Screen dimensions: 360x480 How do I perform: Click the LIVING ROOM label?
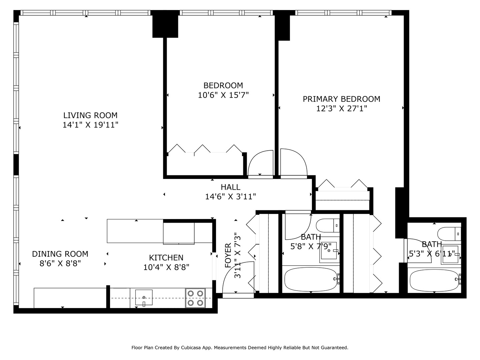(90, 115)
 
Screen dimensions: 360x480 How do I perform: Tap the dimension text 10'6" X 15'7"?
(223, 95)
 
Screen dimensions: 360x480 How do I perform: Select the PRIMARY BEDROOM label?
(341, 99)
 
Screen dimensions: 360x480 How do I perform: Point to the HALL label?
(230, 187)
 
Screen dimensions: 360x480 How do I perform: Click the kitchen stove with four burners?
(195, 298)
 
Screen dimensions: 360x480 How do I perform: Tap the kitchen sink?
(144, 297)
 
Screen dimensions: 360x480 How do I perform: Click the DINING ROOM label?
(60, 254)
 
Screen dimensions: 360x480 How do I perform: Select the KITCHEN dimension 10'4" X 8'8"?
(166, 267)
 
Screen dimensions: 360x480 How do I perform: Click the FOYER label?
(228, 255)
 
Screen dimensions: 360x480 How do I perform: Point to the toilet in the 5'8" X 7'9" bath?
(327, 225)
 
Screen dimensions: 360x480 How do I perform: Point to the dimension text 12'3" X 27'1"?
(341, 109)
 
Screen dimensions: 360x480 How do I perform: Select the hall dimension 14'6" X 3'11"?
(230, 197)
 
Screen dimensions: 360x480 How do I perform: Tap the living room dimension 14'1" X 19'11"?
(90, 125)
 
